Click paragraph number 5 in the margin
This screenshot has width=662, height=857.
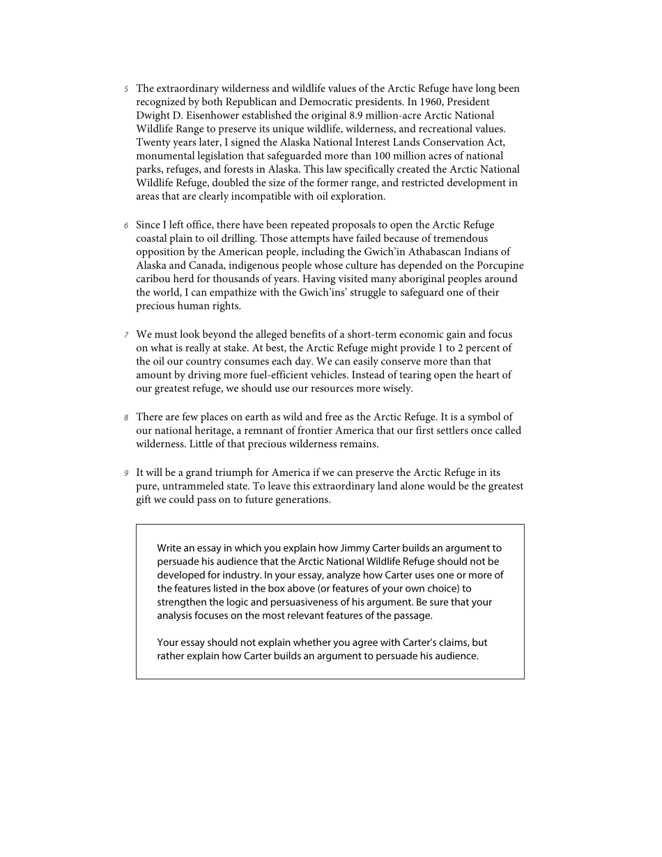tap(126, 89)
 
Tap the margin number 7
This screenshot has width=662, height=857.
tap(126, 336)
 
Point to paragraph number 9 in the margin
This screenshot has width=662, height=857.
tap(126, 474)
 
